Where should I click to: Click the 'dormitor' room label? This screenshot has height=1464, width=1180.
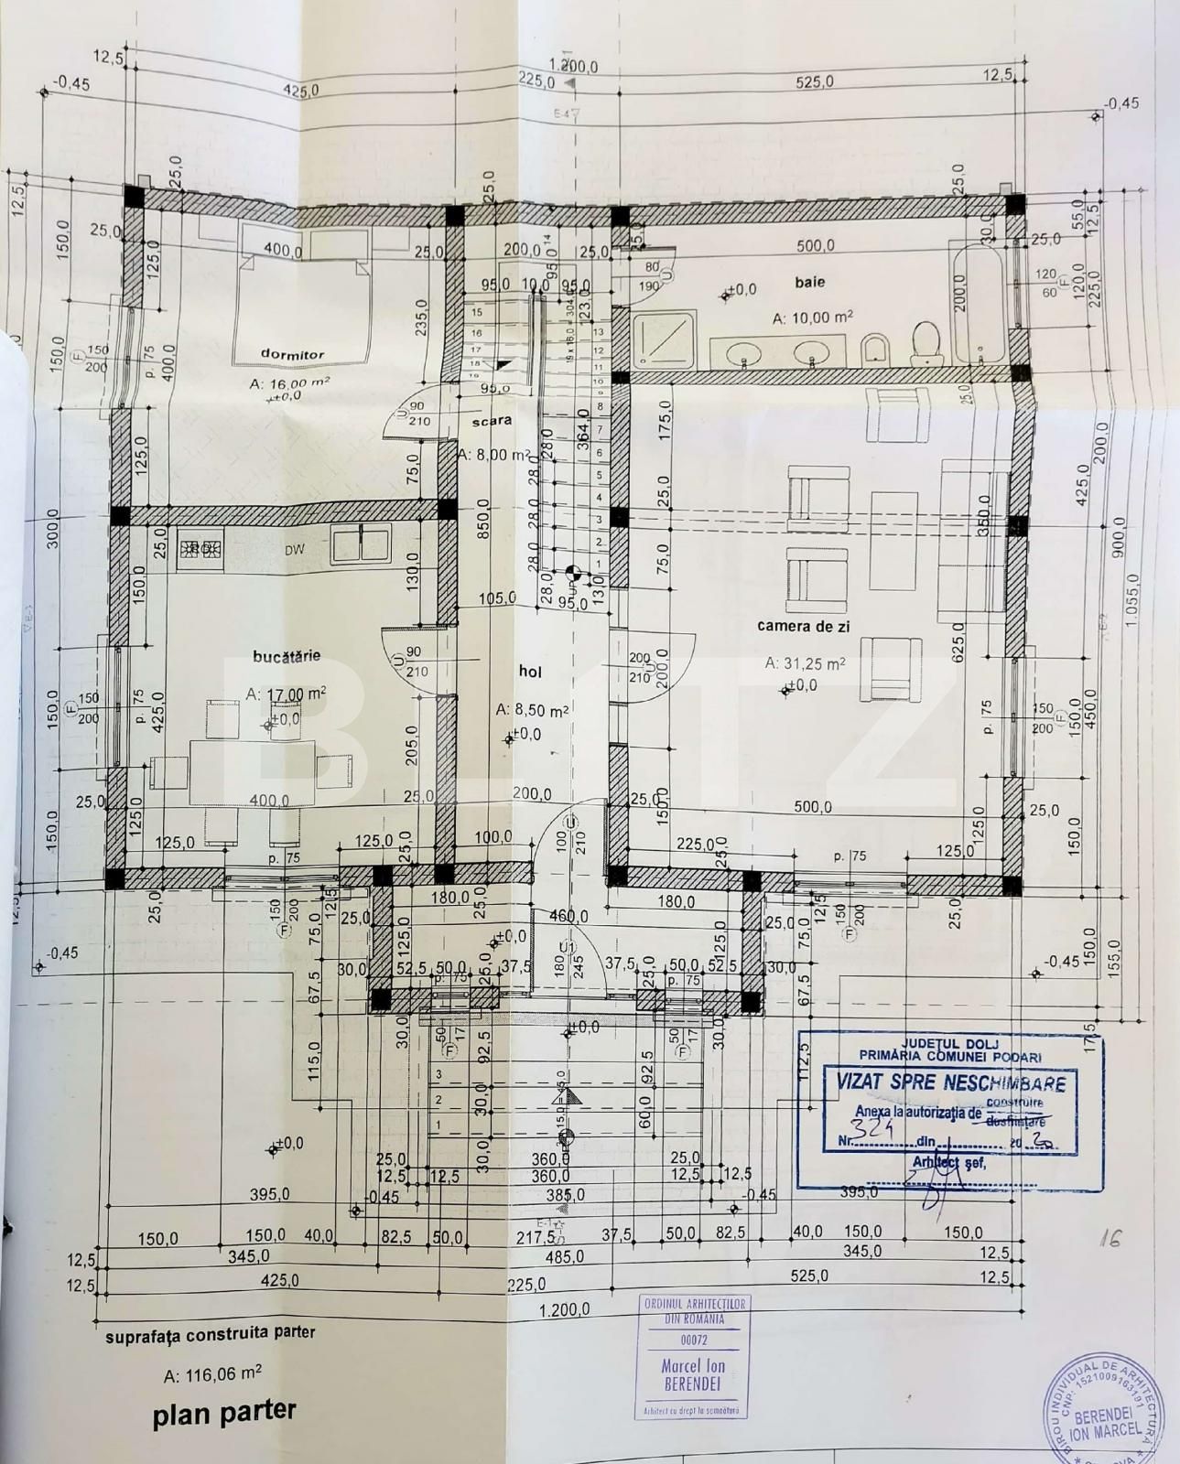pos(292,354)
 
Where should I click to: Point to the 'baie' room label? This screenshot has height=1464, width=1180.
pos(809,283)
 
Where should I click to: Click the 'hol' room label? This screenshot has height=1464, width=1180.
pos(530,672)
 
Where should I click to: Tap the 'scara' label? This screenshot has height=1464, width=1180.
pos(491,422)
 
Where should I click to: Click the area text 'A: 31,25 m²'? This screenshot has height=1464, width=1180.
pos(805,662)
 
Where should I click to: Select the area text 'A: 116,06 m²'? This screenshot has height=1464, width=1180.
pos(212,1373)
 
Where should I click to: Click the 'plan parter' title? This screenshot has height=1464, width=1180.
pos(224,1413)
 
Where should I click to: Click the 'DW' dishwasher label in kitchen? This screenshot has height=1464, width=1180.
pos(294,550)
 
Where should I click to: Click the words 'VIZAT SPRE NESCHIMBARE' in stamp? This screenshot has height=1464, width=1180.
pos(951,1082)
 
